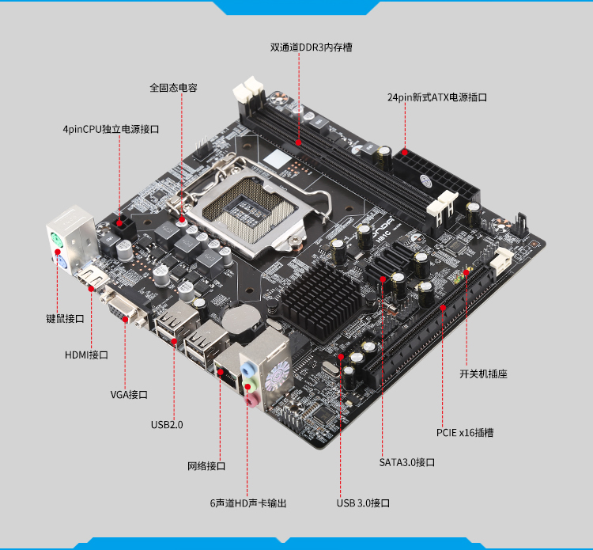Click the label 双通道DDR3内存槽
coord(311,47)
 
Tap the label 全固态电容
coord(173,88)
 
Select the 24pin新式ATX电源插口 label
coord(436,97)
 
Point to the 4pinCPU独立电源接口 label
coord(111,129)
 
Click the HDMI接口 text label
coord(86,355)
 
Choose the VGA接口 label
coord(129,395)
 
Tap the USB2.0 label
coord(167,425)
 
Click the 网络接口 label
coord(206,466)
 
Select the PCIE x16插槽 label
coord(465,433)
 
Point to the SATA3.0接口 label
coord(407,463)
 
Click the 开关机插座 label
coord(483,374)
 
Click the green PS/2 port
coord(56,241)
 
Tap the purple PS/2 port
coord(62,263)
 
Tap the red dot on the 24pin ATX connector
coord(405,153)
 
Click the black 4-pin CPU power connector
coord(123,227)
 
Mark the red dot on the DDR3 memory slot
coord(298,142)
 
